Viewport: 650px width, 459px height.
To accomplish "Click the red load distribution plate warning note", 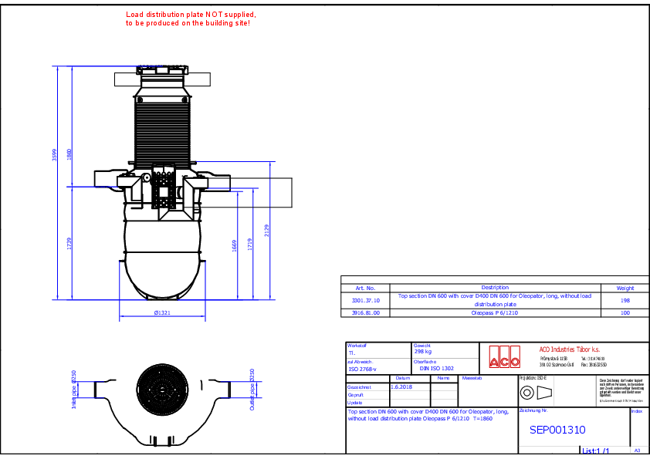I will [191, 19].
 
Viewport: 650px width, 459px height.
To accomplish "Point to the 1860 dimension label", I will [69, 154].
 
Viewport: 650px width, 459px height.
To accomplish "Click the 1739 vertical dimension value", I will [69, 243].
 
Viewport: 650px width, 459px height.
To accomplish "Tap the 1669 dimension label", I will [235, 245].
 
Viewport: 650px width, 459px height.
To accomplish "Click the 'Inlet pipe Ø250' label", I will [74, 389].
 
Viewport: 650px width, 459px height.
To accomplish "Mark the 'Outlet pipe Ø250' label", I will [252, 389].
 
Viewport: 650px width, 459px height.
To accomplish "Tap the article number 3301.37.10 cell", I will [366, 300].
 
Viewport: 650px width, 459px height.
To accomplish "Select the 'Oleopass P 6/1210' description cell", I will [495, 313].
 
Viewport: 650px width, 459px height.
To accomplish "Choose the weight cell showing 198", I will [625, 300].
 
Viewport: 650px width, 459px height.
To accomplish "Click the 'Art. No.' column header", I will [366, 287].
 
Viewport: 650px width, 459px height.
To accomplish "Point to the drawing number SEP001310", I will [557, 430].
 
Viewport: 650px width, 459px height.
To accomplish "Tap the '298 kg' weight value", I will [424, 352].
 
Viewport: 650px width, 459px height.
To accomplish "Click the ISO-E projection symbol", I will [537, 393].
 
